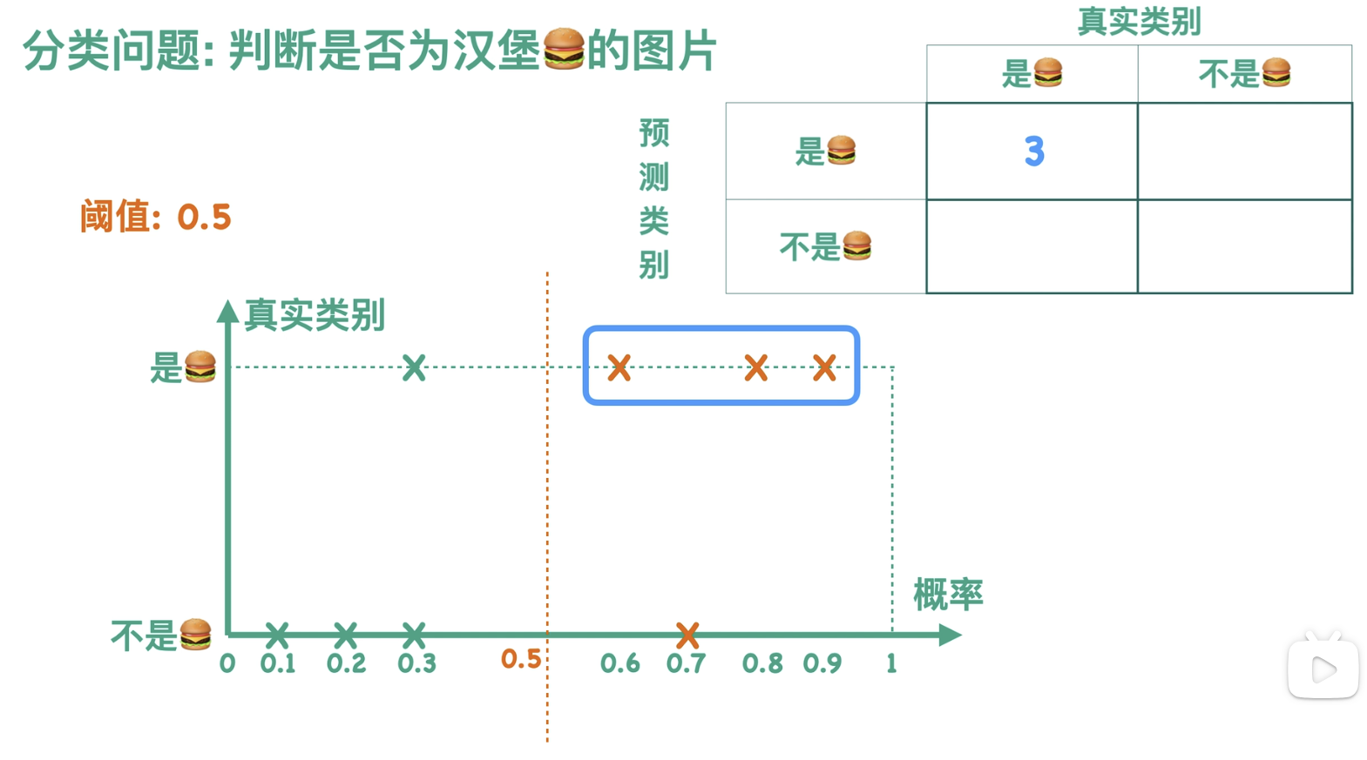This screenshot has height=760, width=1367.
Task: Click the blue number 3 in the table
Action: [x=1033, y=151]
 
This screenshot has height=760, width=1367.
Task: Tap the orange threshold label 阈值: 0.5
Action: [x=155, y=217]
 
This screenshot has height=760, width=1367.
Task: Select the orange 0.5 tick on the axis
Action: [x=521, y=660]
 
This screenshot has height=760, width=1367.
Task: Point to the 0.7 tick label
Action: [x=686, y=664]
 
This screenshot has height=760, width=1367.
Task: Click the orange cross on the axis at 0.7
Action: [x=687, y=635]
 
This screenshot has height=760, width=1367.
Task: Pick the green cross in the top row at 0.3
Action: [x=414, y=367]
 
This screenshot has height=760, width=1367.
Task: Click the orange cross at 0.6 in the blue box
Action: [x=619, y=367]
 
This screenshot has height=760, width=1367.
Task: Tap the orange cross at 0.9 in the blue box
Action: [x=824, y=367]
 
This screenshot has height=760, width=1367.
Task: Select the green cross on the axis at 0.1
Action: [x=277, y=635]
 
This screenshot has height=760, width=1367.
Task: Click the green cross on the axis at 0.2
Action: [x=346, y=635]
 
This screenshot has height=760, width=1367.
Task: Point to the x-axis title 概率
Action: [x=948, y=595]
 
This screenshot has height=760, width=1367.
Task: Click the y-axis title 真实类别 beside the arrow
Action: [x=315, y=314]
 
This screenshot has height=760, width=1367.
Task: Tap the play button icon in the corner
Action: [x=1323, y=669]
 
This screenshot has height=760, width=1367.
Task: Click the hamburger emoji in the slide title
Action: [x=564, y=49]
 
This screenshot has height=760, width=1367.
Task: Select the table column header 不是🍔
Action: [x=1244, y=74]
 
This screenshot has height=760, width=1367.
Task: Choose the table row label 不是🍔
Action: [x=825, y=247]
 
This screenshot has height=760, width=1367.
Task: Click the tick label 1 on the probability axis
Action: [x=891, y=664]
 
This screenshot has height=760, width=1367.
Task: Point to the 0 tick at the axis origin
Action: [x=227, y=664]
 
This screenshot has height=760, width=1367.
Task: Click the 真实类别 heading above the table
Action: [x=1139, y=21]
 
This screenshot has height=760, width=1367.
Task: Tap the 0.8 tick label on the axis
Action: [x=761, y=664]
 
